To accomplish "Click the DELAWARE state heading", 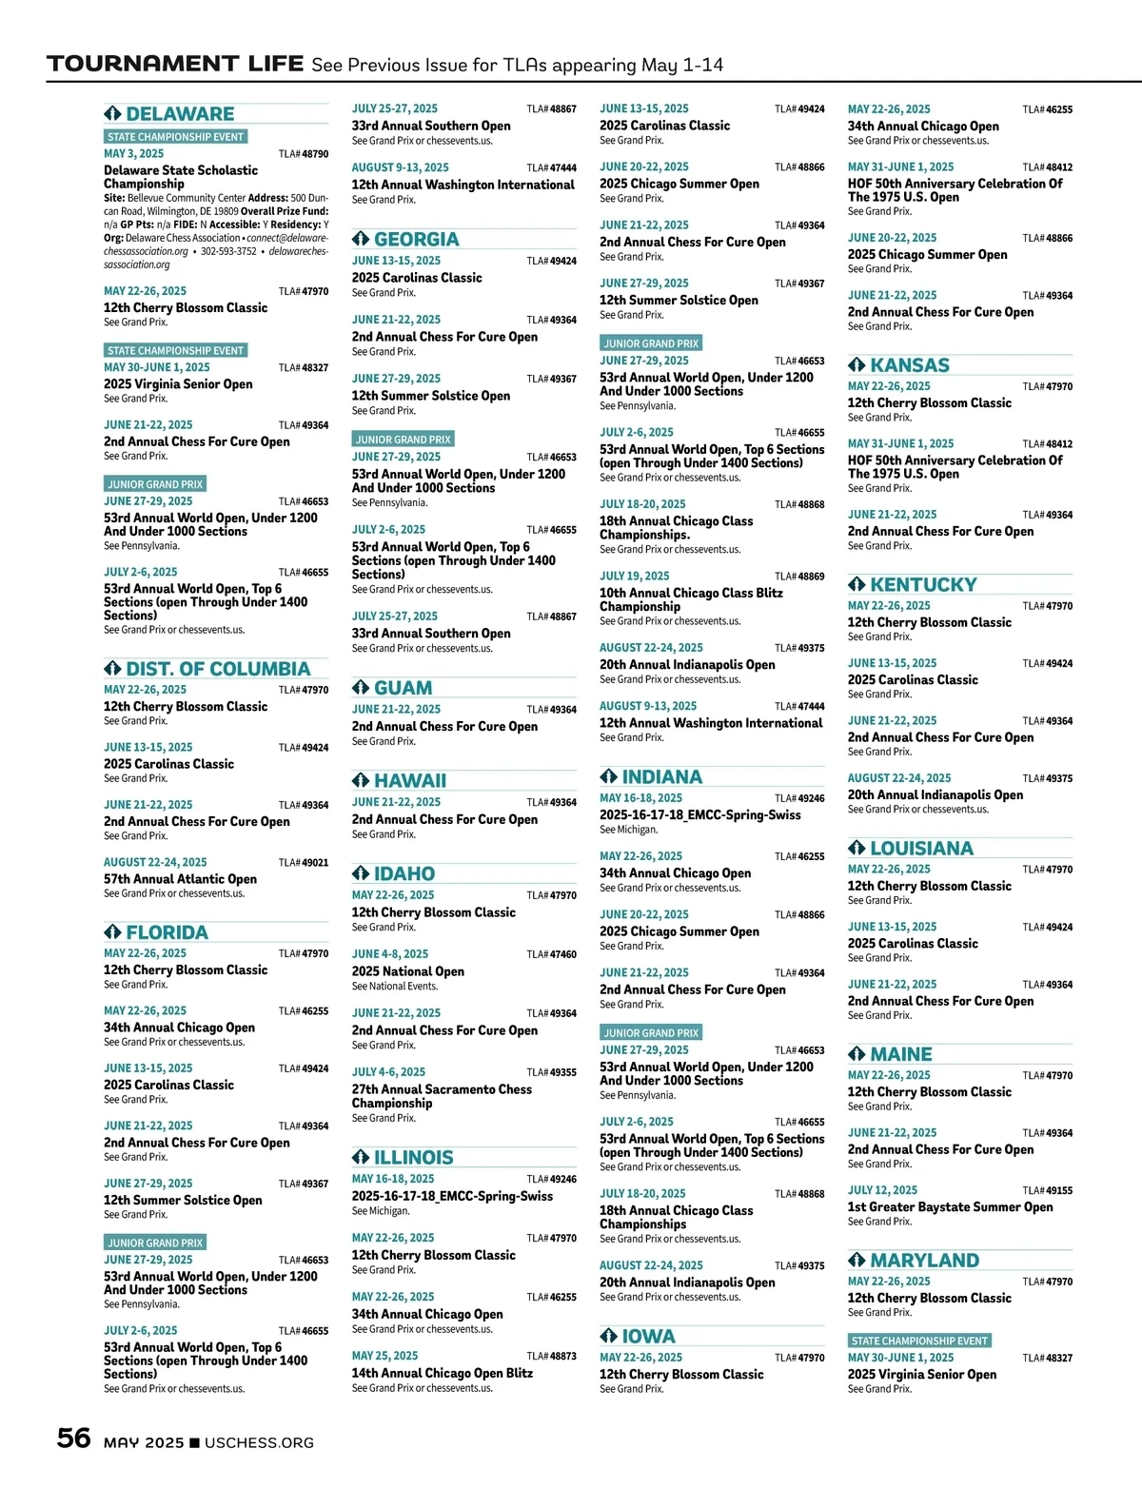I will tap(180, 114).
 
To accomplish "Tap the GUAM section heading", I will tap(403, 688).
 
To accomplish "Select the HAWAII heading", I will tap(409, 781).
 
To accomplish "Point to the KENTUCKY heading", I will tap(923, 585).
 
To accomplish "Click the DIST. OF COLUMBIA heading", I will tap(218, 670).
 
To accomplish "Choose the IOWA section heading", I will tap(648, 1337).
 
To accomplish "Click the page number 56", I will tap(74, 1438).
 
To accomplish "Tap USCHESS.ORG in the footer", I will tap(259, 1443).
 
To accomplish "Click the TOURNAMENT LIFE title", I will tap(175, 65).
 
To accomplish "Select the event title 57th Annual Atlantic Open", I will tap(180, 879).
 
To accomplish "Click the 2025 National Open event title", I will tap(407, 971).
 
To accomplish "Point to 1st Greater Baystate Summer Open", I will tap(950, 1207).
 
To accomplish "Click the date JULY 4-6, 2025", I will tap(388, 1072).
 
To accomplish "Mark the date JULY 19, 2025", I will tap(634, 577).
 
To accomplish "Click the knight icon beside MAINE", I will tap(856, 1054).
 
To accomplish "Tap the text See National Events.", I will tap(395, 987).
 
